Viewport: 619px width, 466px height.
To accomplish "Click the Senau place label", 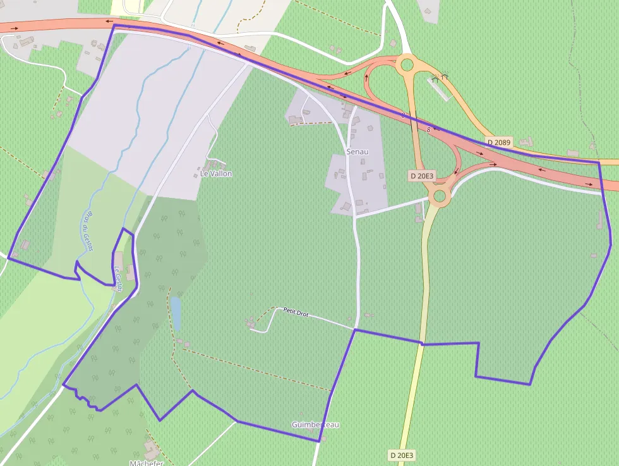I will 357,152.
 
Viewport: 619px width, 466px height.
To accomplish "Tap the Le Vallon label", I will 216,173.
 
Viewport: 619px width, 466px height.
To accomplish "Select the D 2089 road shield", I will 498,142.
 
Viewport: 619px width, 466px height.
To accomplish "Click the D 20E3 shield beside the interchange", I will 421,175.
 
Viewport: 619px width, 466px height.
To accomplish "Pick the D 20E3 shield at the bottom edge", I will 401,455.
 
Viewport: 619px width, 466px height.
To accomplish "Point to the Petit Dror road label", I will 296,312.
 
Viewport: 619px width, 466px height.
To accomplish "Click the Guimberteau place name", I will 315,424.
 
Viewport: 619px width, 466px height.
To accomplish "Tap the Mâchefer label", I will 147,463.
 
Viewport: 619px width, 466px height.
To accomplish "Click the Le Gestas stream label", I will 117,277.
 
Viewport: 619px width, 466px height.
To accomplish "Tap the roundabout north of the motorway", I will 406,64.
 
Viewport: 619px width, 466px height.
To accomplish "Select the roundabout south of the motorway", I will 439,196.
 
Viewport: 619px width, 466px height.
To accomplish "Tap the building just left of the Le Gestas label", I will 118,259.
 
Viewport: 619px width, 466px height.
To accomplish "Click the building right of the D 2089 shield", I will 526,142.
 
